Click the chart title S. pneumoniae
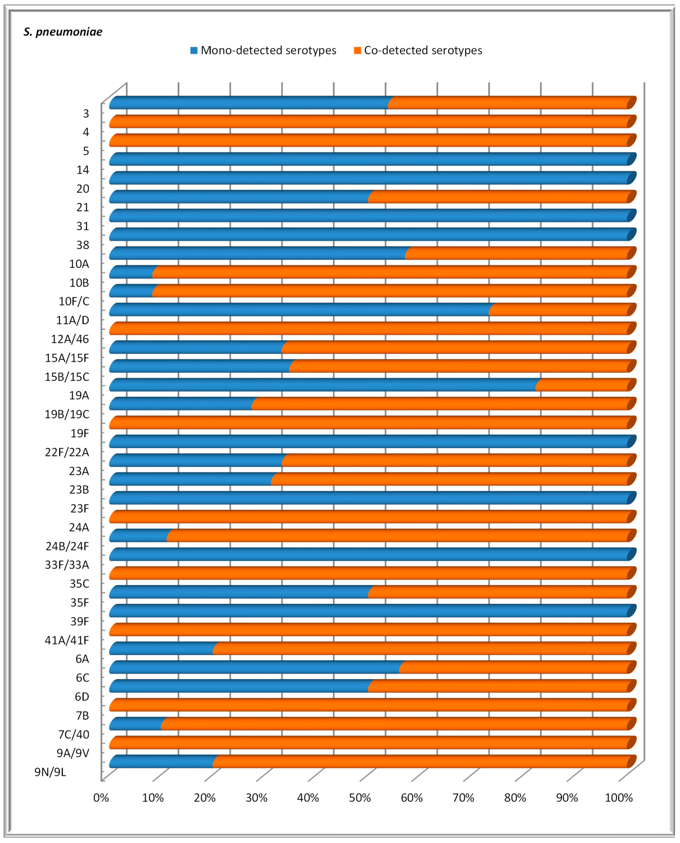pos(63,32)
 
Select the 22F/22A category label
pos(67,452)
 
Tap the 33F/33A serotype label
pos(67,565)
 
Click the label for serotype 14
pos(83,170)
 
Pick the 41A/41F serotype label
pos(67,640)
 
